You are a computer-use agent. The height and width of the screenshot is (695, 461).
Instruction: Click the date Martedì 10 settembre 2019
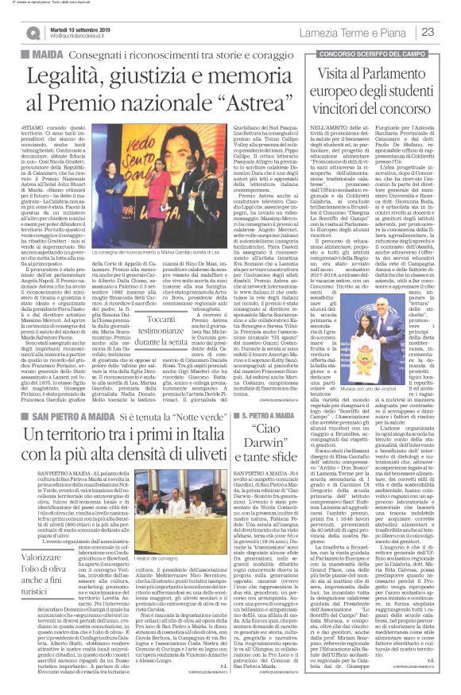point(86,25)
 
